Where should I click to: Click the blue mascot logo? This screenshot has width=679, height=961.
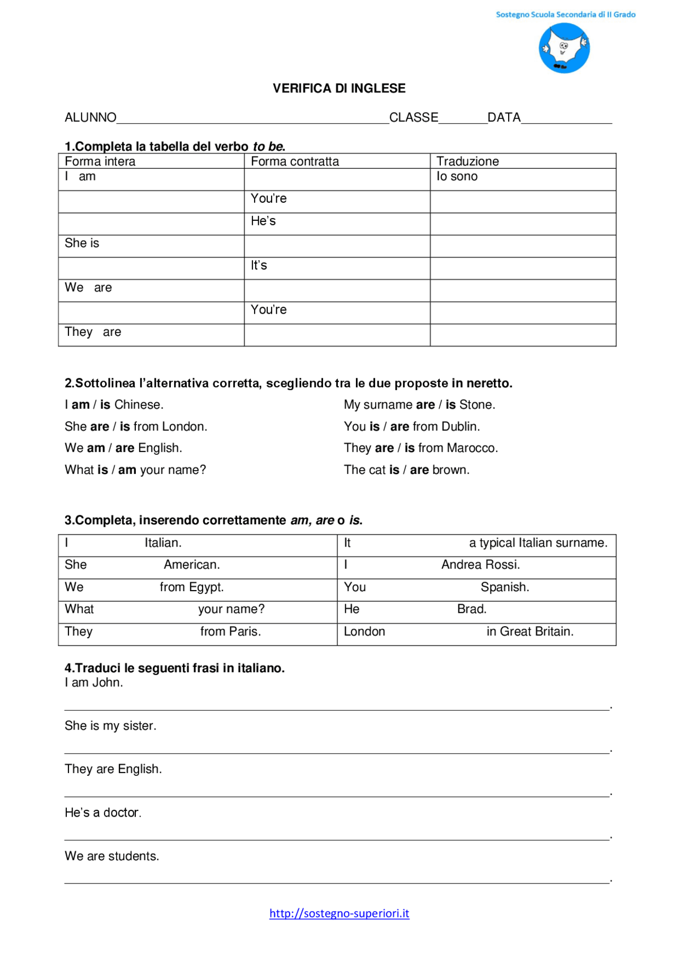564,48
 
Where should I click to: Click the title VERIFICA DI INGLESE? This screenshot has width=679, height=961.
339,89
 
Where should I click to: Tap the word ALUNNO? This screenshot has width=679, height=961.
90,118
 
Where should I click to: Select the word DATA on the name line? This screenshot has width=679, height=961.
503,118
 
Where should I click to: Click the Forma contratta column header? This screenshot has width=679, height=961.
294,161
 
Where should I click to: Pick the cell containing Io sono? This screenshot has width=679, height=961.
457,177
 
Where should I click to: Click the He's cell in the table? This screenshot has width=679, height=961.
263,221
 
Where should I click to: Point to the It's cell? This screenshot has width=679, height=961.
259,265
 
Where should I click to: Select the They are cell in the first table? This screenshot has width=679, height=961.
93,332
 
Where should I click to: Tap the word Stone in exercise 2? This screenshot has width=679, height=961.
476,405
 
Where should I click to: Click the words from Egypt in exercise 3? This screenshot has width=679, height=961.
191,587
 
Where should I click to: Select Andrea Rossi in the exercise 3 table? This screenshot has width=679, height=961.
480,565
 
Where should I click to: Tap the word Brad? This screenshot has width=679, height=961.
472,609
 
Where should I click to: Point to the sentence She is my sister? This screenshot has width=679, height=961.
110,726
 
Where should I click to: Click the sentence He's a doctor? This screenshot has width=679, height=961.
103,813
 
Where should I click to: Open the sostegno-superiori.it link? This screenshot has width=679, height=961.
339,913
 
